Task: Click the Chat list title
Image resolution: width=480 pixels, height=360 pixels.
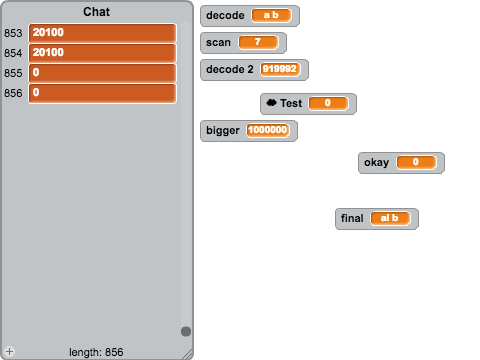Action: pyautogui.click(x=96, y=12)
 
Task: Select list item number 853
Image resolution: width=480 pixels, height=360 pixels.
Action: pyautogui.click(x=102, y=33)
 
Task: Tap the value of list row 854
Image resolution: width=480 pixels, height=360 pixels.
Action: pyautogui.click(x=102, y=53)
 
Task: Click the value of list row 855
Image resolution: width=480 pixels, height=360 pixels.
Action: pyautogui.click(x=102, y=73)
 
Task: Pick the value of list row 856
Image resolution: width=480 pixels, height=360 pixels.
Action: pyautogui.click(x=102, y=93)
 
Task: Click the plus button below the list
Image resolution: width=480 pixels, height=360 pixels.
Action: pyautogui.click(x=10, y=351)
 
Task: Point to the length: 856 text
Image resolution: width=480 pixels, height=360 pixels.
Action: pyautogui.click(x=96, y=352)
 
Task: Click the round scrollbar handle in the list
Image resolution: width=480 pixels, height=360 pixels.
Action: pyautogui.click(x=186, y=331)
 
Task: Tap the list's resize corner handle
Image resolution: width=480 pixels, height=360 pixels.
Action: pyautogui.click(x=188, y=354)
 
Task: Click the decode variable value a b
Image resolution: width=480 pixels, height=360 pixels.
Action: pyautogui.click(x=271, y=15)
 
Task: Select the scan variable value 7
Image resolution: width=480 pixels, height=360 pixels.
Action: pyautogui.click(x=258, y=42)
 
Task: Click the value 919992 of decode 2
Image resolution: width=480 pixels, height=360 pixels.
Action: pyautogui.click(x=280, y=69)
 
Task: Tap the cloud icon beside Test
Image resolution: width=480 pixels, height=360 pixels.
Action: pyautogui.click(x=272, y=103)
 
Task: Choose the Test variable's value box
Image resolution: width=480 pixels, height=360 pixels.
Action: pyautogui.click(x=328, y=103)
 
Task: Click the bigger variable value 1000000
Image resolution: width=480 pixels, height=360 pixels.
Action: pyautogui.click(x=268, y=130)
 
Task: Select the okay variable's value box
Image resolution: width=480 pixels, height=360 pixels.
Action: pyautogui.click(x=416, y=162)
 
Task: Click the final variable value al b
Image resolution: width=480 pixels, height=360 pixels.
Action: pyautogui.click(x=390, y=218)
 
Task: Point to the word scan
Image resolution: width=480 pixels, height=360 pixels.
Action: pyautogui.click(x=218, y=43)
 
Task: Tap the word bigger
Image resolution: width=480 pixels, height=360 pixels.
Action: pyautogui.click(x=223, y=130)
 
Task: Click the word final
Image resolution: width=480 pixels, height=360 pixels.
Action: pyautogui.click(x=352, y=218)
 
